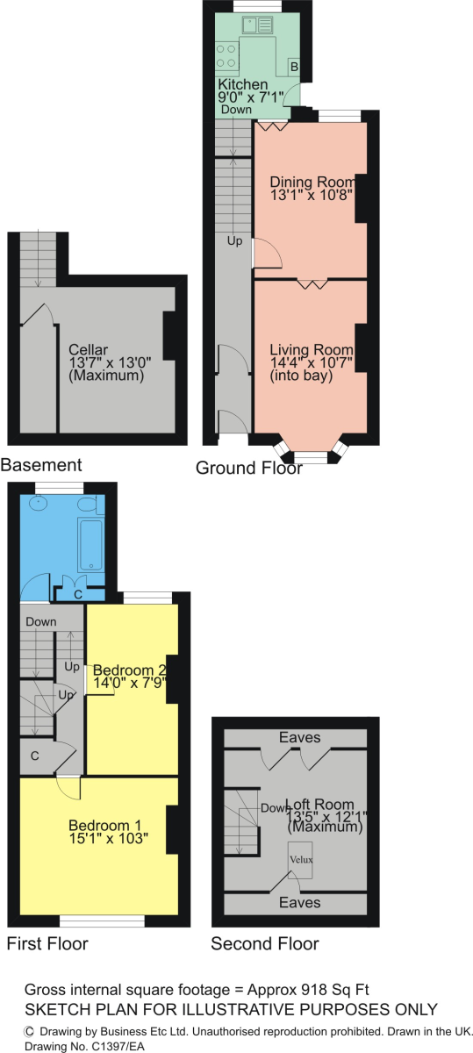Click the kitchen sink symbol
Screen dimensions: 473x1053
[x=257, y=25]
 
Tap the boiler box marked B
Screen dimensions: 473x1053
[x=294, y=67]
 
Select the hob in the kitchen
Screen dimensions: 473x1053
[x=226, y=55]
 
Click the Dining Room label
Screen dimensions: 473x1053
[x=312, y=182]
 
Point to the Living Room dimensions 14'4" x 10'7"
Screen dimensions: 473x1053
[x=312, y=362]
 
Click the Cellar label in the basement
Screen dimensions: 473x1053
[x=88, y=350]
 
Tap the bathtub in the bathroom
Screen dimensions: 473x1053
[x=90, y=544]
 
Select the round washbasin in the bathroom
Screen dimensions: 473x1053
[x=38, y=504]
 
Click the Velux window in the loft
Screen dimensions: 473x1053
[x=300, y=859]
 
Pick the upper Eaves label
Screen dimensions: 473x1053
[x=299, y=737]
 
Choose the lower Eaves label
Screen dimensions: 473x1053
[x=299, y=902]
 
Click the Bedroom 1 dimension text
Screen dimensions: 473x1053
[x=109, y=839]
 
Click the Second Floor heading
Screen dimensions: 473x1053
[x=265, y=943]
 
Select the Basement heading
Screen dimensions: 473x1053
[x=41, y=465]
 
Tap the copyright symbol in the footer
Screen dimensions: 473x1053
[x=29, y=1031]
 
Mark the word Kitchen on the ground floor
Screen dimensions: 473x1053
[x=242, y=84]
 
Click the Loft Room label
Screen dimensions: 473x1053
[x=319, y=805]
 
